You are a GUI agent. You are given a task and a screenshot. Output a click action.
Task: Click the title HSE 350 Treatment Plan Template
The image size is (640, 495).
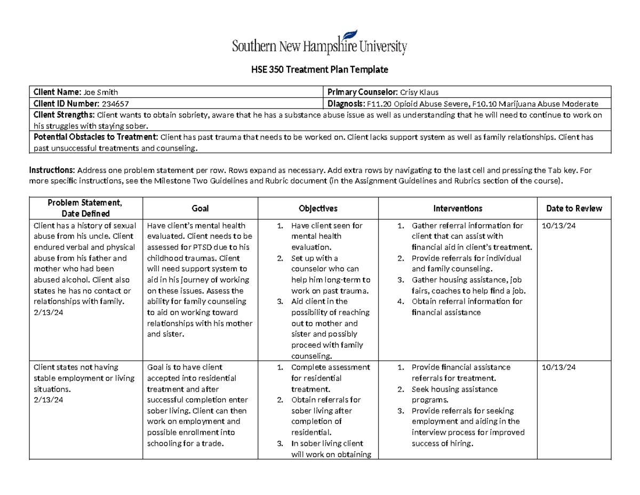319,70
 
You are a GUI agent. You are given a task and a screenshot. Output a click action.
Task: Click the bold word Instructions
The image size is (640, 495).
52,170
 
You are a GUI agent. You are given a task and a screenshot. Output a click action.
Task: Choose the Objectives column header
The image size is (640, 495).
318,209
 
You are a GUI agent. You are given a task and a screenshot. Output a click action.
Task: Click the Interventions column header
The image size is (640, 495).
458,209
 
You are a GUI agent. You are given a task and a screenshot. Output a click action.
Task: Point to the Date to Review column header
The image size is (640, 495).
574,209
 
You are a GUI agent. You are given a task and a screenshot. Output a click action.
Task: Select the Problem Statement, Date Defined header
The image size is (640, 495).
85,208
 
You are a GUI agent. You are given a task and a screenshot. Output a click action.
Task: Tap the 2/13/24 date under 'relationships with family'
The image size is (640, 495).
49,313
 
